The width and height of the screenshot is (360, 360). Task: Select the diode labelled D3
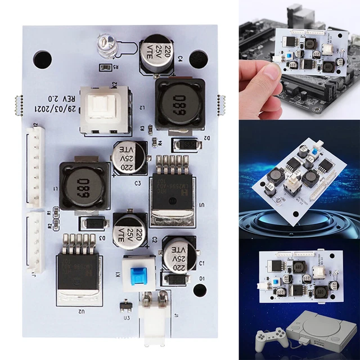click(x=93, y=223)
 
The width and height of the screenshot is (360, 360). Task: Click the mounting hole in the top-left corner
click(x=42, y=58)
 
